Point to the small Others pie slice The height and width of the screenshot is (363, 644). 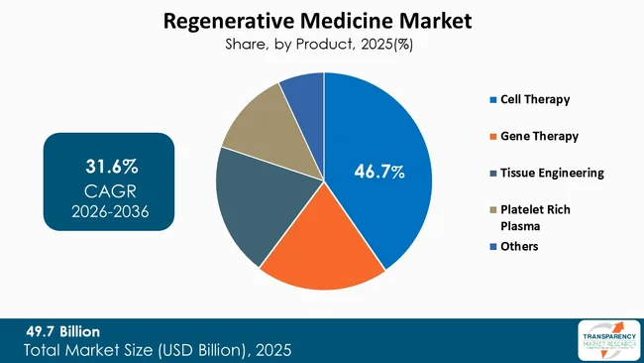(x=303, y=90)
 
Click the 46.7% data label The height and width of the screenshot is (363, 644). (x=379, y=173)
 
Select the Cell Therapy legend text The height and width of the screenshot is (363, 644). (x=536, y=99)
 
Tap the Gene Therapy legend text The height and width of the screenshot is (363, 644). (x=539, y=135)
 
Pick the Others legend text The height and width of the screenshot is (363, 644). (x=520, y=245)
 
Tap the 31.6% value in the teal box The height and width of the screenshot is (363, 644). (x=108, y=162)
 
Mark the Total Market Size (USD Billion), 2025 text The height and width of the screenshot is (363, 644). (x=158, y=350)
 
